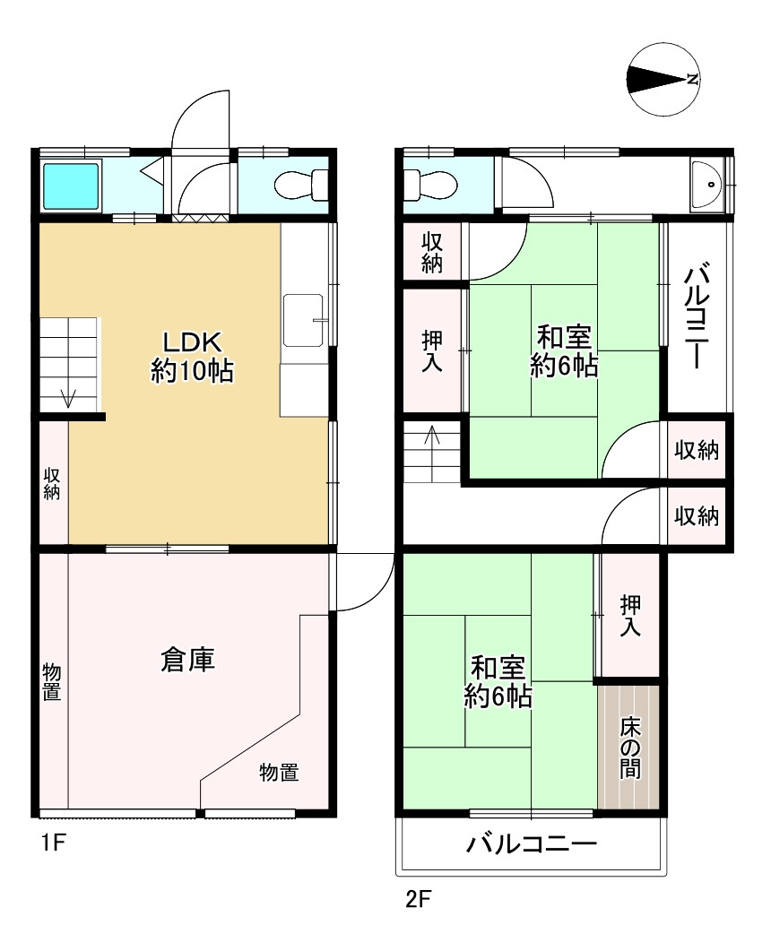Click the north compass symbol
point(663,79)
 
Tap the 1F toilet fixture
point(301,185)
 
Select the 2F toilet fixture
point(429,184)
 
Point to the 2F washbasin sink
point(706,185)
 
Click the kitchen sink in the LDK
point(304,320)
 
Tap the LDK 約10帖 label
point(192,357)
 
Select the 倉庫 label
point(187,660)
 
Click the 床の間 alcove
point(629,747)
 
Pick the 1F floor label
point(54,842)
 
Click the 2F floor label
point(418,898)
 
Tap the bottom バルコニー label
point(532,843)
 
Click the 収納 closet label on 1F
point(52,483)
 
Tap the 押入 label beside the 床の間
point(630,616)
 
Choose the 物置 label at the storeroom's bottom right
point(279,772)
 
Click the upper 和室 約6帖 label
point(564,351)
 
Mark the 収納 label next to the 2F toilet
point(432,252)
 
